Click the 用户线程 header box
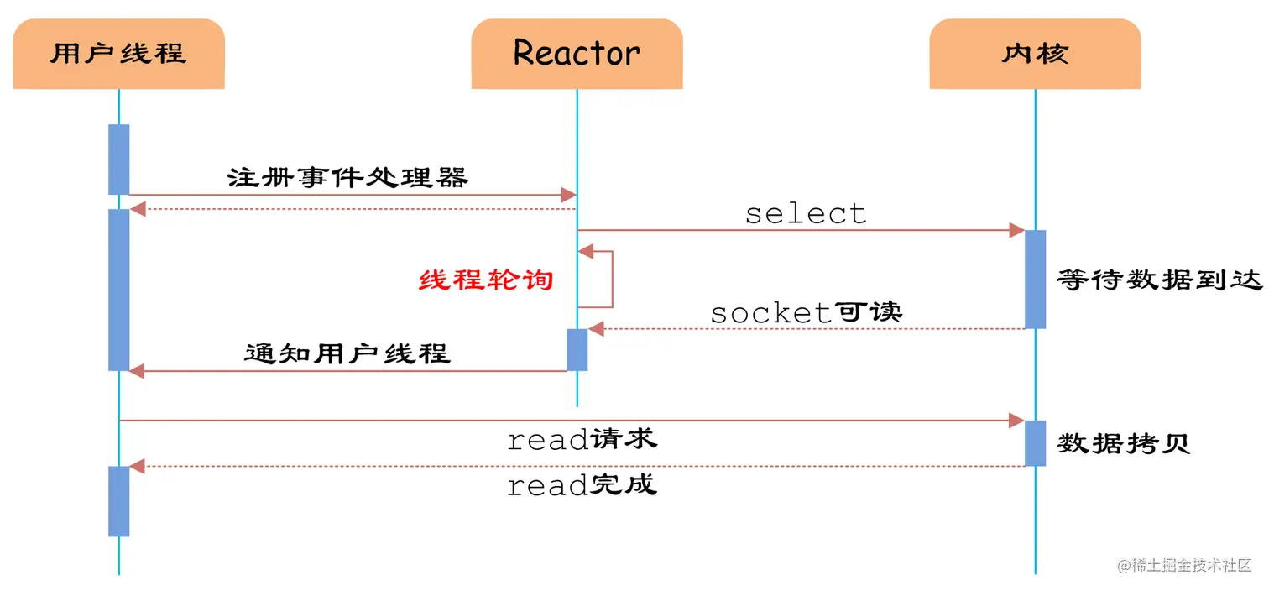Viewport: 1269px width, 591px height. [118, 54]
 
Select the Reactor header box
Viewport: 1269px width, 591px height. [577, 54]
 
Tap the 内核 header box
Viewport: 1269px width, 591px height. [1035, 54]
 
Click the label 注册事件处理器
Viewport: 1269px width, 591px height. [347, 177]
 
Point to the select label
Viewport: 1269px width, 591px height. [806, 213]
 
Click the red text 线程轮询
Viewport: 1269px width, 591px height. [487, 280]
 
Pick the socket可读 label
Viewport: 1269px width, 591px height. [806, 312]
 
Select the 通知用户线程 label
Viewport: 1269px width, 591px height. [347, 353]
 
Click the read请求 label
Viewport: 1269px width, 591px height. [582, 438]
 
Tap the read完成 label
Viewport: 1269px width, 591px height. [582, 484]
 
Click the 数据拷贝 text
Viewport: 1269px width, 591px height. [1123, 443]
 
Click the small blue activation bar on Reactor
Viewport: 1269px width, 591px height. [577, 349]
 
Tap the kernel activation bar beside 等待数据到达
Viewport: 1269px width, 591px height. [1035, 279]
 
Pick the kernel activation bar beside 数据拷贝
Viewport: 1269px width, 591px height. [1035, 443]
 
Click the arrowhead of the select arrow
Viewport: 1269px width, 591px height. [1017, 230]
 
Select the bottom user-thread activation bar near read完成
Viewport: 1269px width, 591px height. [118, 501]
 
